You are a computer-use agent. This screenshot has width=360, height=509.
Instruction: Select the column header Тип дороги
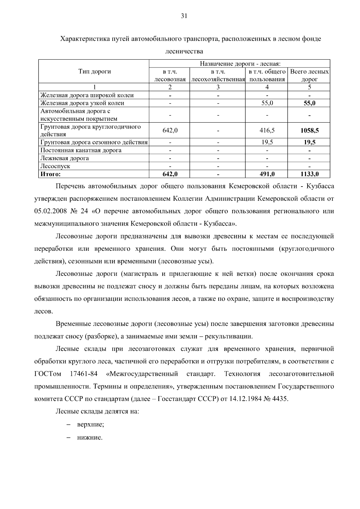point(94,72)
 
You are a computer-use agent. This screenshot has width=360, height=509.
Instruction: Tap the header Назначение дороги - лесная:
point(240,64)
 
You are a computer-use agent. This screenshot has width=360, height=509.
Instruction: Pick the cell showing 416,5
point(267,130)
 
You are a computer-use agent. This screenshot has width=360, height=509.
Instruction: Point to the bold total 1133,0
point(309,174)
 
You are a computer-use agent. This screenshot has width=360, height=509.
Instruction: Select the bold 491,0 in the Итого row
point(267,174)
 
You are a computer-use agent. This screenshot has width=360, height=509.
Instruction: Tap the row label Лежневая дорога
point(64,158)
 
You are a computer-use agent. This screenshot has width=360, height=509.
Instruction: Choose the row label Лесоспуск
point(55,166)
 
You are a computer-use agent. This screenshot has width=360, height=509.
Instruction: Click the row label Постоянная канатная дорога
point(81,150)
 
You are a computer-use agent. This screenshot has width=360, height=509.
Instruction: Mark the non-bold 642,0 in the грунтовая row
point(170,130)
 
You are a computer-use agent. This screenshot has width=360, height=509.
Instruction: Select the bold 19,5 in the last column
point(309,142)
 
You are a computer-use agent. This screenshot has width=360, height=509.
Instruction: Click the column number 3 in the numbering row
point(218,87)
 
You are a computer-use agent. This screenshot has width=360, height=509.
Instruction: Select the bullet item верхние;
point(90,425)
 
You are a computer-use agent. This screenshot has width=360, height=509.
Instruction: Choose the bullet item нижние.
point(90,438)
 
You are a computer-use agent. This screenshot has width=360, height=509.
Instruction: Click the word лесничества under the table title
point(184,51)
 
